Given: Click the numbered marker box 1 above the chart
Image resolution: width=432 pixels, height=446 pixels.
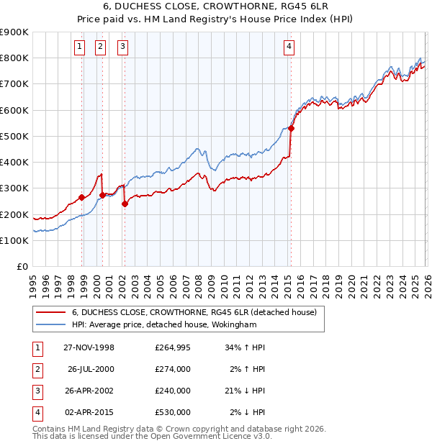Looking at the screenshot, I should [x=78, y=47].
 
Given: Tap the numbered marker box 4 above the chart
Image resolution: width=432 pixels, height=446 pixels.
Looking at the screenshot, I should [x=289, y=47].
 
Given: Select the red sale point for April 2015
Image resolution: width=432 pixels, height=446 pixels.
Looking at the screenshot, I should [x=291, y=129].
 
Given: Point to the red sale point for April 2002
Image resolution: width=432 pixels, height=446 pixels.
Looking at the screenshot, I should [x=125, y=204].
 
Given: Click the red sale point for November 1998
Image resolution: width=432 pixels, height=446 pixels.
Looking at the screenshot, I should [x=81, y=197].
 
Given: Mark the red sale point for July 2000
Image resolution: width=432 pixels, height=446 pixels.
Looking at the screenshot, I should [x=102, y=195].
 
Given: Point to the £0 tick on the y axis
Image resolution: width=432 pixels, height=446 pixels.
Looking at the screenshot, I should [x=22, y=266].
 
